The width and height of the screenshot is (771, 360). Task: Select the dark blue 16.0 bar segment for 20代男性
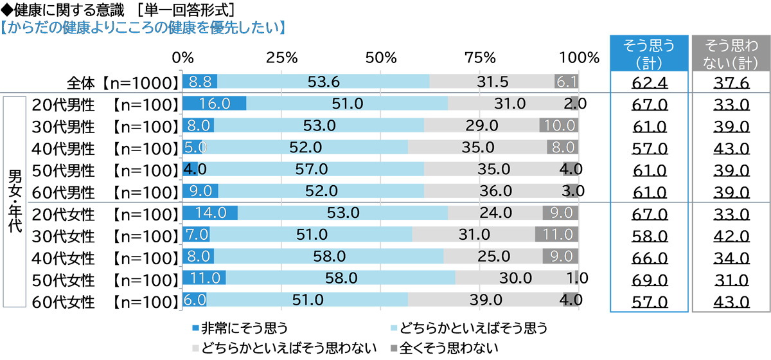pos(215,104)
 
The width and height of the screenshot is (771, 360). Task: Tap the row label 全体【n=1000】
pos(121,82)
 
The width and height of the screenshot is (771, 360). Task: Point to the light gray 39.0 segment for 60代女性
pos(486,300)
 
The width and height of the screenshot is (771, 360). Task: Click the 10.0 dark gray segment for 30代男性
pos(559,125)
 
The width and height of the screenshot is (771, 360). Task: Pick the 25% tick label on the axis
pos(281,57)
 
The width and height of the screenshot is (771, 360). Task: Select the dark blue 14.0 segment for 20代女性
pos(210,213)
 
